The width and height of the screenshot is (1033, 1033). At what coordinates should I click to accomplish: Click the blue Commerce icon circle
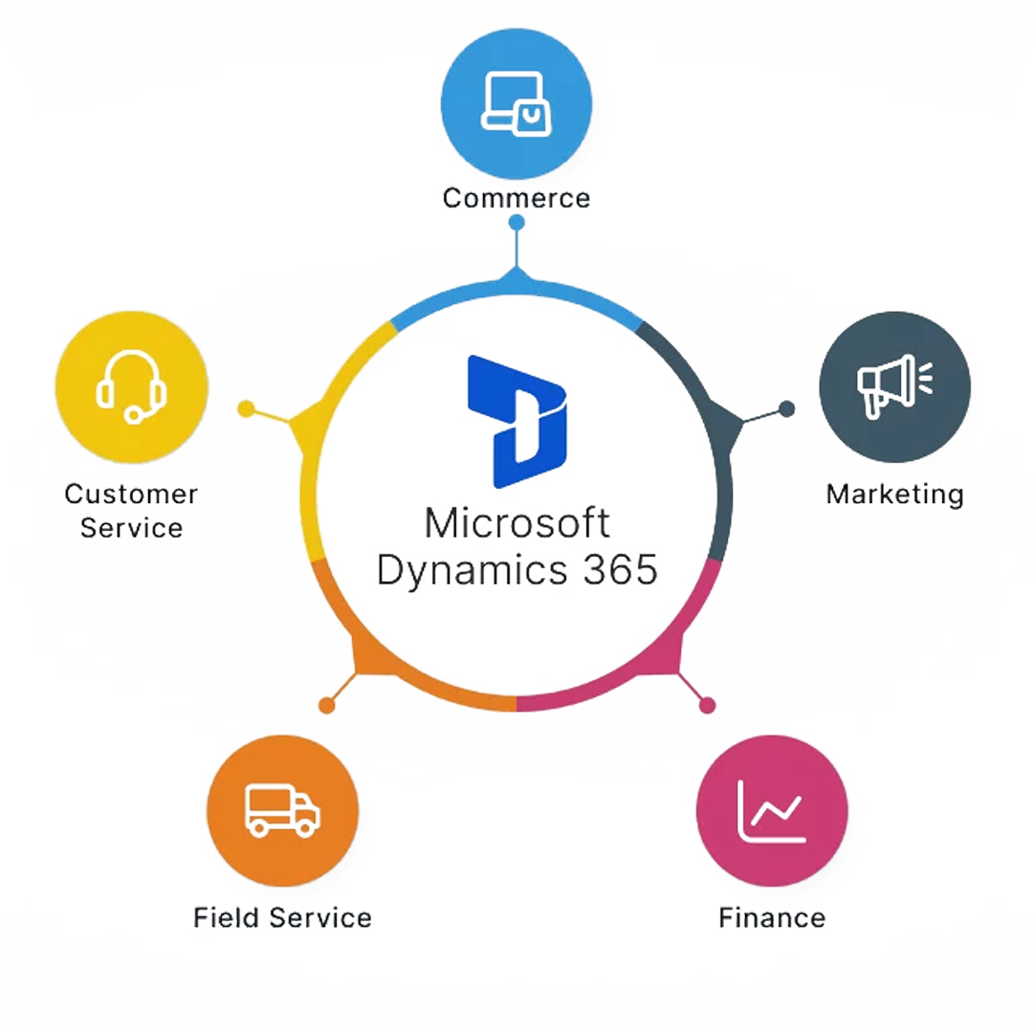[516, 102]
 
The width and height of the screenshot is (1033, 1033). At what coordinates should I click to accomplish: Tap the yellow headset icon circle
[132, 386]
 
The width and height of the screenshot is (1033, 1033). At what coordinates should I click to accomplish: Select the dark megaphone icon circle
[894, 386]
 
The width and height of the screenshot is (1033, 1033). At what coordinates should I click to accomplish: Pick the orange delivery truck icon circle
[282, 810]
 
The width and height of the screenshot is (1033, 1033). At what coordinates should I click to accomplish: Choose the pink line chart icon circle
[772, 810]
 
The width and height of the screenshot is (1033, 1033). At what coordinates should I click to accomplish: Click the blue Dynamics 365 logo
[517, 421]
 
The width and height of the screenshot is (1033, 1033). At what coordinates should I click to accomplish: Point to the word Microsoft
[516, 524]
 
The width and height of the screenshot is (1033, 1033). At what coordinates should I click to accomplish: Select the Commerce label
[516, 198]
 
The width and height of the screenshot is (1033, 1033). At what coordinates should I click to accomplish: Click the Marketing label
[894, 495]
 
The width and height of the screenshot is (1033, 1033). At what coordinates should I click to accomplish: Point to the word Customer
[131, 495]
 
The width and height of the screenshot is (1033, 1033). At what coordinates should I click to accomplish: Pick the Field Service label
[282, 918]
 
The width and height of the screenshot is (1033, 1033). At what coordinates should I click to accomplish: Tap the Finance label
[772, 918]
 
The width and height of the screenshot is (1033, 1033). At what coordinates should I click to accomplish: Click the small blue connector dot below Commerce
[516, 223]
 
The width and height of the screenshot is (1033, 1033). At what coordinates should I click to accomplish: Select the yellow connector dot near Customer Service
[246, 409]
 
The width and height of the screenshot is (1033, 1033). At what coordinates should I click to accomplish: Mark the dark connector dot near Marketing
[786, 409]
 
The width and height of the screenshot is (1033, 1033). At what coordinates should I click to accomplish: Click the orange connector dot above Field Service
[326, 706]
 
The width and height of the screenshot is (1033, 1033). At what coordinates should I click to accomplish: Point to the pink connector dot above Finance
[707, 706]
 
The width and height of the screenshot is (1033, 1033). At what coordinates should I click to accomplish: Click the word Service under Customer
[131, 528]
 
